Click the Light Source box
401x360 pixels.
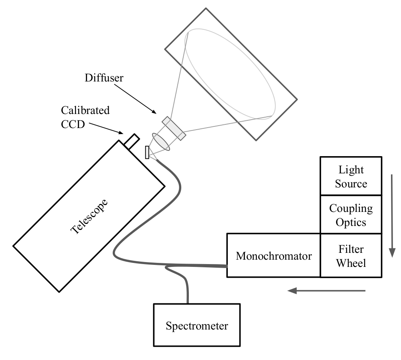point(351,176)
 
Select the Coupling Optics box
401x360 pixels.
point(351,215)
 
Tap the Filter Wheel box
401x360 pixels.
point(351,256)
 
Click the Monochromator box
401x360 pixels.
point(273,256)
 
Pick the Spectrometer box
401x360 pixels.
point(197,325)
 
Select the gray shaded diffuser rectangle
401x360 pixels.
point(174,128)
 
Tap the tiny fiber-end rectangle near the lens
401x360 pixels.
point(147,153)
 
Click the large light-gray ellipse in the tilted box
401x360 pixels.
point(229,73)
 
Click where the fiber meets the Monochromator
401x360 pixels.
point(226,266)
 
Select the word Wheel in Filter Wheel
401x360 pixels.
point(351,263)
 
